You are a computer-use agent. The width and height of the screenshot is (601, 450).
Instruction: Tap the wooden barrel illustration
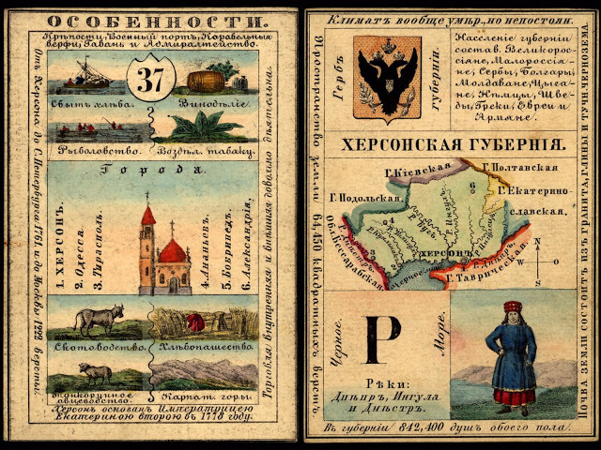[207, 82]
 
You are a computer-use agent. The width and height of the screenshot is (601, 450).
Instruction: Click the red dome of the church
[174, 250]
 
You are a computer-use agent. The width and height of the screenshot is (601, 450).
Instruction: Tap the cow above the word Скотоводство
[95, 320]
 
